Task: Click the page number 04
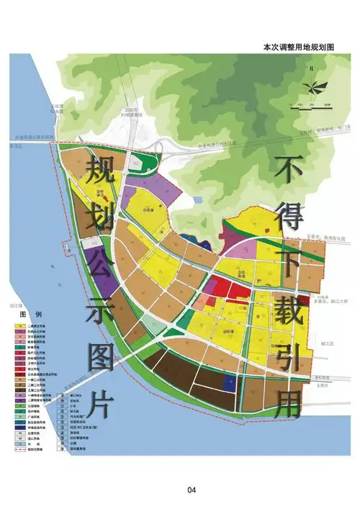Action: pyautogui.click(x=192, y=490)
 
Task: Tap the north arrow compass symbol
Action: pyautogui.click(x=312, y=86)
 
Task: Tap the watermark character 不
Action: pyautogui.click(x=286, y=171)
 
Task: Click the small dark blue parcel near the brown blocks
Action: pyautogui.click(x=230, y=382)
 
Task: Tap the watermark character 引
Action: pyautogui.click(x=287, y=358)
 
